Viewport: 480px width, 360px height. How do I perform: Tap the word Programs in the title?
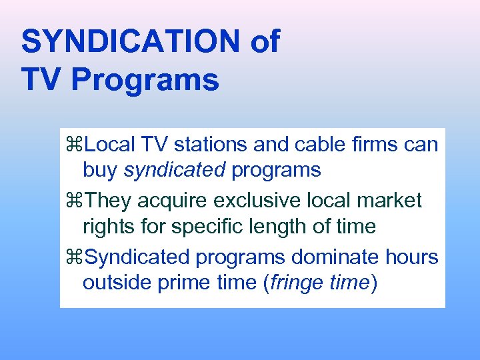pos(145,81)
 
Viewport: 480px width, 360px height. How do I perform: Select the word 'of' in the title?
pos(265,42)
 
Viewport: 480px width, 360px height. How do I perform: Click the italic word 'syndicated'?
pos(175,170)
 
